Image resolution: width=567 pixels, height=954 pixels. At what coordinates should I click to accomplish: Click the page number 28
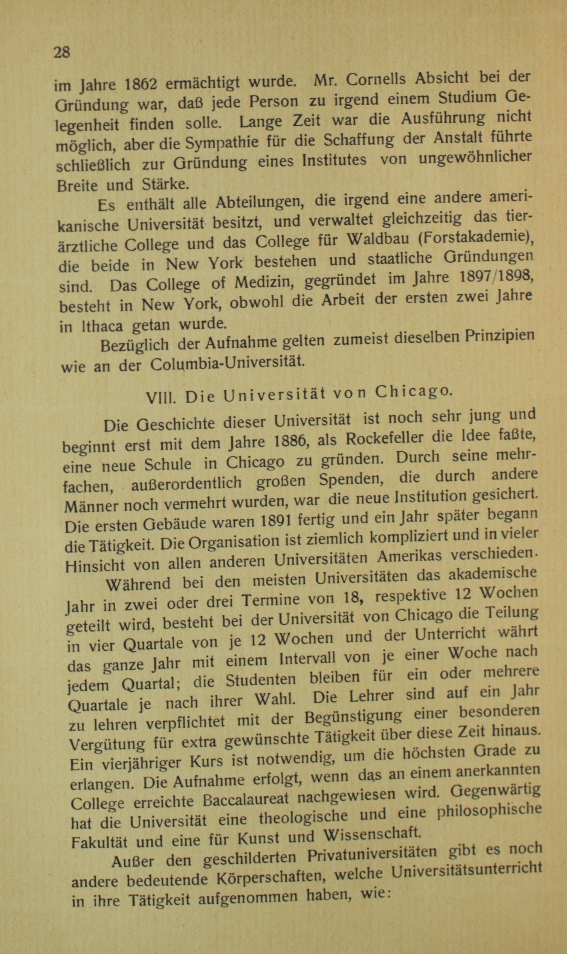click(x=62, y=52)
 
